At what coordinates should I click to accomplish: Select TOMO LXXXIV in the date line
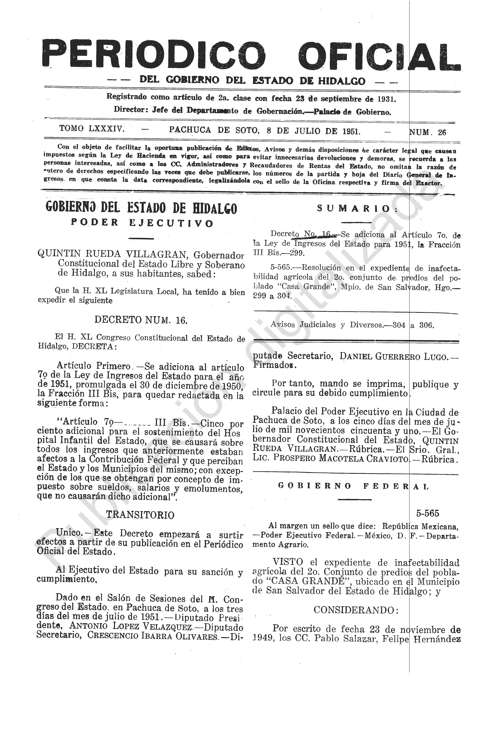point(92,129)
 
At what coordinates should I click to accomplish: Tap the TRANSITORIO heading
point(140,515)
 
